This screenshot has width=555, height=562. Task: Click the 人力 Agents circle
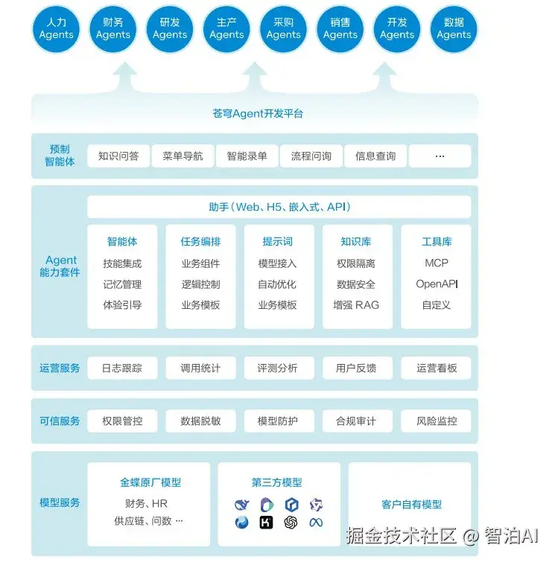pyautogui.click(x=57, y=29)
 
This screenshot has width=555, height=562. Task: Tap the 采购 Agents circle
pyautogui.click(x=283, y=29)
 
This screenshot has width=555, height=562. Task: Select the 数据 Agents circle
pyautogui.click(x=454, y=29)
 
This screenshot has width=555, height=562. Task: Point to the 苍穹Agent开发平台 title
pyautogui.click(x=258, y=114)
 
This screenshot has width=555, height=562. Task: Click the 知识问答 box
pyautogui.click(x=118, y=156)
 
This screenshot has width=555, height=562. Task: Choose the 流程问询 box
pyautogui.click(x=311, y=156)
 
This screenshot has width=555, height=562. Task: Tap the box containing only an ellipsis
pyautogui.click(x=440, y=156)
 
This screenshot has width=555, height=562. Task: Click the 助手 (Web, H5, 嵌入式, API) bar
pyautogui.click(x=279, y=207)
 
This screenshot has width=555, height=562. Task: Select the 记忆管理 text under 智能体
pyautogui.click(x=122, y=284)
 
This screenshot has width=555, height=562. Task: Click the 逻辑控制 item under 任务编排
pyautogui.click(x=200, y=284)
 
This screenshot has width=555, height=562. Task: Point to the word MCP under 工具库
pyautogui.click(x=437, y=264)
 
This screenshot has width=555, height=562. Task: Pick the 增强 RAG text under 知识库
pyautogui.click(x=356, y=305)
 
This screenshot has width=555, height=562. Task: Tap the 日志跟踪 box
pyautogui.click(x=122, y=368)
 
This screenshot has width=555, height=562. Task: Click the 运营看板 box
pyautogui.click(x=437, y=368)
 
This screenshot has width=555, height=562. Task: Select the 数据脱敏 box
pyautogui.click(x=200, y=421)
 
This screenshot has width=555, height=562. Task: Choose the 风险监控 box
pyautogui.click(x=437, y=421)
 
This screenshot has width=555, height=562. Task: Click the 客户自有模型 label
pyautogui.click(x=411, y=505)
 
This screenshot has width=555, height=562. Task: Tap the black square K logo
pyautogui.click(x=266, y=523)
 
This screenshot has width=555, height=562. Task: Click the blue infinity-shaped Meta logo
pyautogui.click(x=316, y=523)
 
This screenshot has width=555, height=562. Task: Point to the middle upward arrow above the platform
pyautogui.click(x=254, y=77)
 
